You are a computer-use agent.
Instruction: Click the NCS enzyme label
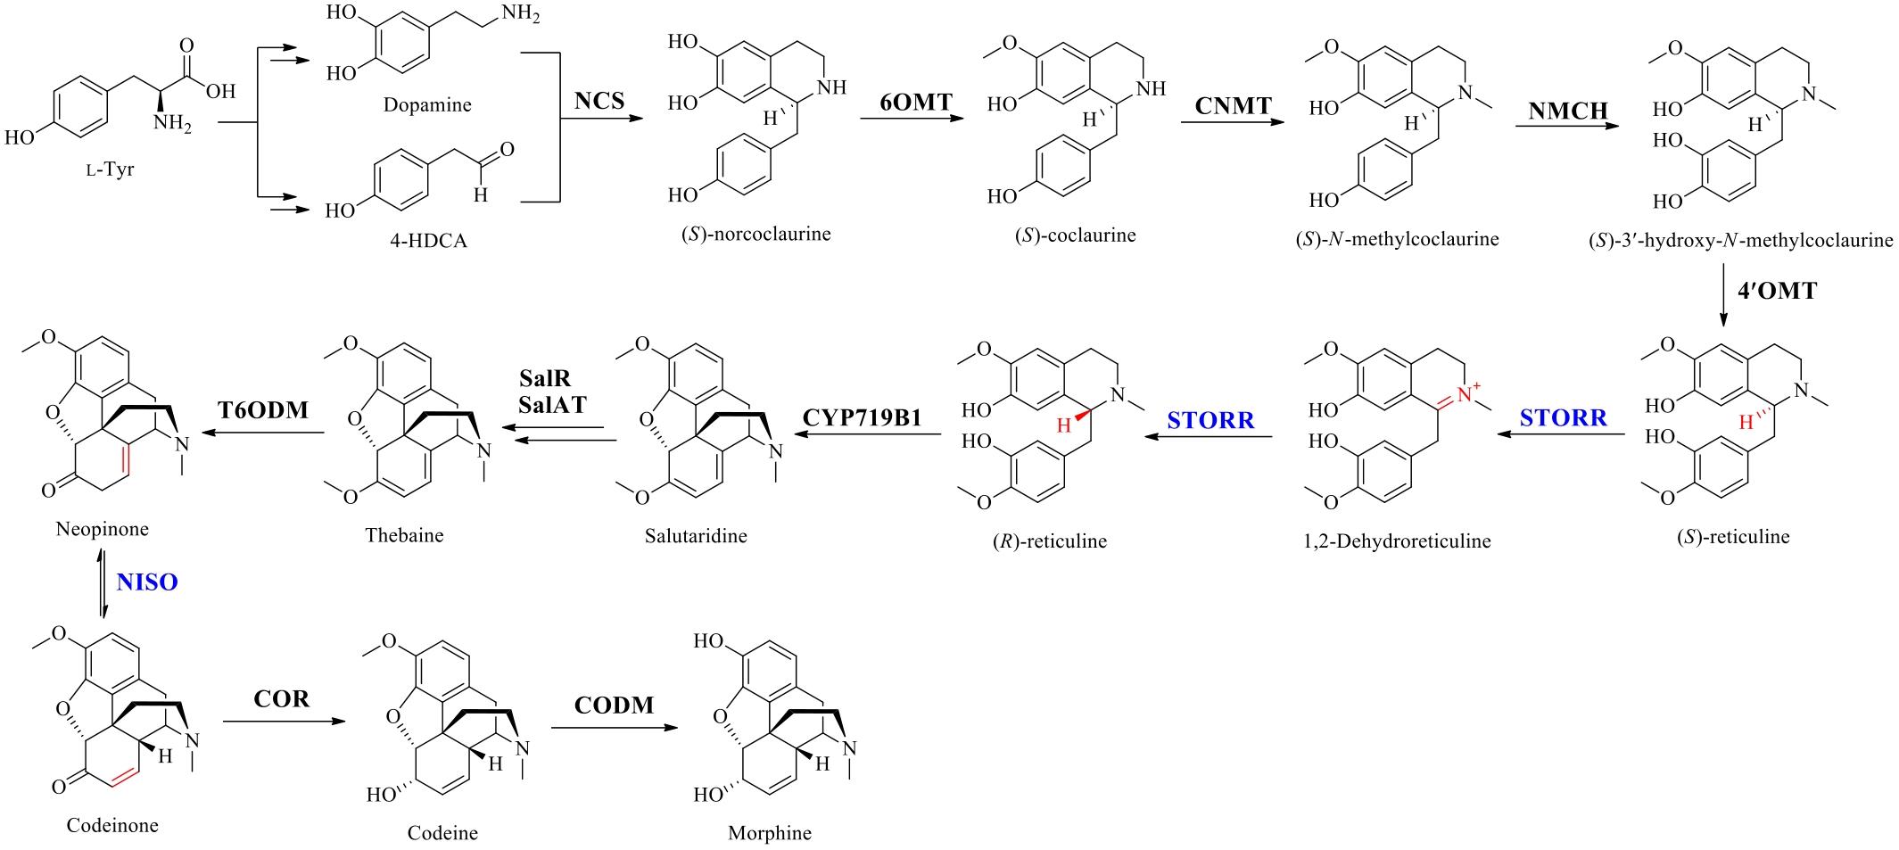pyautogui.click(x=599, y=100)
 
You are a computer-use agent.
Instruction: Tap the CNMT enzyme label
pyautogui.click(x=1233, y=105)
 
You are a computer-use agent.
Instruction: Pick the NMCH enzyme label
pyautogui.click(x=1567, y=111)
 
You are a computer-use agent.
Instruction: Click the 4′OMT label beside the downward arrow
pyautogui.click(x=1777, y=291)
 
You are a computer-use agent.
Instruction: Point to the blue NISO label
pyautogui.click(x=147, y=582)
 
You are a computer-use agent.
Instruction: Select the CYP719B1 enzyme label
pyautogui.click(x=862, y=418)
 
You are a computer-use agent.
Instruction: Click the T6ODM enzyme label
pyautogui.click(x=263, y=410)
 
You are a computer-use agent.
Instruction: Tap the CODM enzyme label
pyautogui.click(x=614, y=706)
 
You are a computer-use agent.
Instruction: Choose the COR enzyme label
pyautogui.click(x=281, y=698)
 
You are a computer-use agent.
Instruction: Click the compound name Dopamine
pyautogui.click(x=427, y=104)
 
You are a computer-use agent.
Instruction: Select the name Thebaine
pyautogui.click(x=404, y=535)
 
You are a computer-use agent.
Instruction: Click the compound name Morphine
pyautogui.click(x=770, y=833)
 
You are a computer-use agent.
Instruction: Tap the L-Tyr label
pyautogui.click(x=110, y=169)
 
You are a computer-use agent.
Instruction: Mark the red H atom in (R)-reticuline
pyautogui.click(x=1062, y=425)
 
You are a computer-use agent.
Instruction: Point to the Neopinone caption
pyautogui.click(x=102, y=529)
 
